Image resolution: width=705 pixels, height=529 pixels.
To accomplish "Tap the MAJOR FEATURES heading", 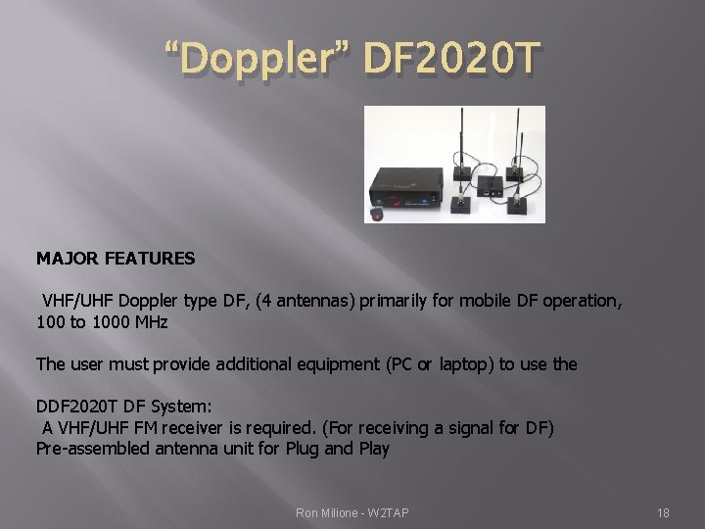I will pyautogui.click(x=116, y=259).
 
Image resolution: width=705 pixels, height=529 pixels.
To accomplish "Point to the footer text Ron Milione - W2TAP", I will pyautogui.click(x=352, y=511).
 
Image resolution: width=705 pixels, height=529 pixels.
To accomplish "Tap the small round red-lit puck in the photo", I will pyautogui.click(x=377, y=215).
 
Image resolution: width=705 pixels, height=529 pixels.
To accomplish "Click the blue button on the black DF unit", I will pyautogui.click(x=427, y=202).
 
